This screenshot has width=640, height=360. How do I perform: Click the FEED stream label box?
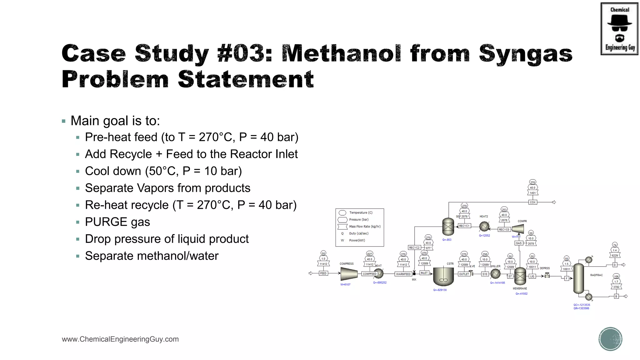tap(323, 273)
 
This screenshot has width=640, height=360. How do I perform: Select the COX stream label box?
tap(532, 202)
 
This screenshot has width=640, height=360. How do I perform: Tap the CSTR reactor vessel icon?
tap(443, 276)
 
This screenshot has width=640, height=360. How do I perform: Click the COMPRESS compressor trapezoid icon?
tap(349, 274)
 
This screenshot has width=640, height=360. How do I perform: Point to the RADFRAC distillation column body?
tap(578, 278)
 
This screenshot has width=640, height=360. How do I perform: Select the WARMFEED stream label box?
tap(403, 274)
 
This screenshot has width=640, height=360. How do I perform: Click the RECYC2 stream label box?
tap(414, 247)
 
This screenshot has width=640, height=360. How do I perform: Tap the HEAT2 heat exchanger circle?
tap(484, 226)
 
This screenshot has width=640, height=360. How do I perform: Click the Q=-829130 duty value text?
tap(440, 290)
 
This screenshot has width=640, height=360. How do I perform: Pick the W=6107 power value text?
tap(345, 285)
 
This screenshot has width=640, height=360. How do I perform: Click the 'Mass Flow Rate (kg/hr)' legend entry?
tap(365, 227)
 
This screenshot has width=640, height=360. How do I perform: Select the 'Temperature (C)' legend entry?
tap(361, 213)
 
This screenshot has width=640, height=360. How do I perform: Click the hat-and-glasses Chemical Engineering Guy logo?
tap(619, 29)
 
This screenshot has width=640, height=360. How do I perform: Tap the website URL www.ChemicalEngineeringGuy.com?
tap(120, 339)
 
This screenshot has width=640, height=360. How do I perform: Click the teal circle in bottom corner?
tap(610, 339)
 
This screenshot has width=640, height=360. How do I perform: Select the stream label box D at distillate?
tap(614, 265)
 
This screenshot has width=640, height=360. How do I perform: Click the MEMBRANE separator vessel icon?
tap(520, 276)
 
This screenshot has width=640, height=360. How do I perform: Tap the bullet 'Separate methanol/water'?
tap(152, 256)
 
